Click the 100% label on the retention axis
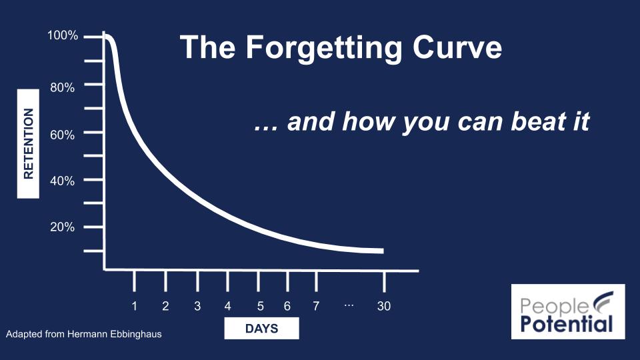pyautogui.click(x=63, y=35)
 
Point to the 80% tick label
pyautogui.click(x=63, y=87)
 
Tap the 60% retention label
pyautogui.click(x=63, y=135)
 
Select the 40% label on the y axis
pyautogui.click(x=63, y=181)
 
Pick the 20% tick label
pyautogui.click(x=63, y=227)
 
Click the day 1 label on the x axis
pyautogui.click(x=134, y=306)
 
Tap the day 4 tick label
pyautogui.click(x=227, y=306)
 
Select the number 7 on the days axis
pyautogui.click(x=316, y=306)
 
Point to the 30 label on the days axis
pyautogui.click(x=384, y=306)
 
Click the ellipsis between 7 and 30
pyautogui.click(x=349, y=305)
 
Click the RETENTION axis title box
pyautogui.click(x=28, y=144)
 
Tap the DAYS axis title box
pyautogui.click(x=261, y=329)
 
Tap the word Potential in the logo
pyautogui.click(x=567, y=323)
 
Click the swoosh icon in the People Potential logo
pyautogui.click(x=603, y=301)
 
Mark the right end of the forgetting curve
pyautogui.click(x=383, y=251)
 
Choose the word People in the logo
pyautogui.click(x=554, y=307)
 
